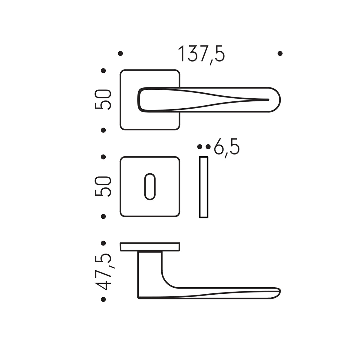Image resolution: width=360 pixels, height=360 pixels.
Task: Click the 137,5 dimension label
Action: pos(201,55)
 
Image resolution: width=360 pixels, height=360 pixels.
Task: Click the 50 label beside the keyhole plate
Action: pos(103,186)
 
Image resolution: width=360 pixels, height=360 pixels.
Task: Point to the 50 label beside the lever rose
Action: pos(103,99)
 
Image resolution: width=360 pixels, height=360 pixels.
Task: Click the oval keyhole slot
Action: pos(150,187)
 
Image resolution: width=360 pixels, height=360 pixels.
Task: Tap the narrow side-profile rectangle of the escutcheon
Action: pos(203,187)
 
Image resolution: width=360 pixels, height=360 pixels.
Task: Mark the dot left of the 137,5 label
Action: pos(121,54)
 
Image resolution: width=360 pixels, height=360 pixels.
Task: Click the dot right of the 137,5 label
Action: pos(280,54)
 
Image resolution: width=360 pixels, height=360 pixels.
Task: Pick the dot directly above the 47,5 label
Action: pos(103,243)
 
